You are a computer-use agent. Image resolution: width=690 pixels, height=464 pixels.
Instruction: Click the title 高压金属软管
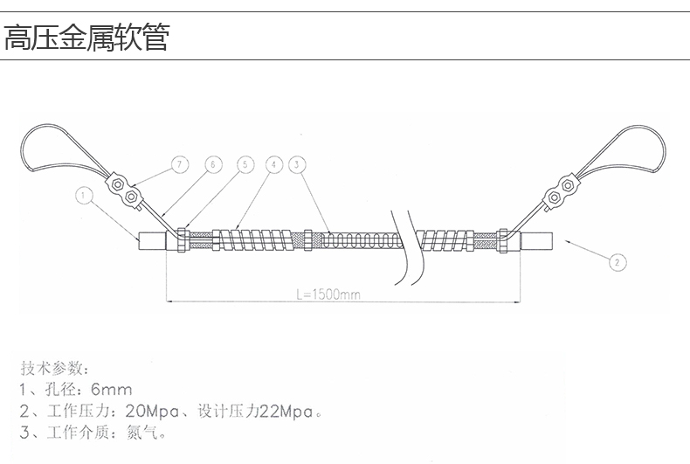coord(86,38)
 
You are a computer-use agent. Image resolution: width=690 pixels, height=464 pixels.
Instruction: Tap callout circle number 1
coord(84,195)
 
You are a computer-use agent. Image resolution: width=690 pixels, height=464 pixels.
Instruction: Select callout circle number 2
coord(618,262)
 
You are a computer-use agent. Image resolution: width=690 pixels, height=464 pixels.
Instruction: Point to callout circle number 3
coord(297,164)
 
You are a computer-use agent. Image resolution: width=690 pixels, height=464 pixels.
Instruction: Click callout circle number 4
coord(273,164)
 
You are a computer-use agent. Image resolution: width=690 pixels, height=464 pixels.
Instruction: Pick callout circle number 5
coord(245,164)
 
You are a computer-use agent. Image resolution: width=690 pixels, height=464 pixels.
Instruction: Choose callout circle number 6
coord(213,164)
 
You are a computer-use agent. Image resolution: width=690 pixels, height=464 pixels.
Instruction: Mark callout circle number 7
coord(179,164)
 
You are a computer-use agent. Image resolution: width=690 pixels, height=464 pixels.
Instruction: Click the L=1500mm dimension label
coord(328,294)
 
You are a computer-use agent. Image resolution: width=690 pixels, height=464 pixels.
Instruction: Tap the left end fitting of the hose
coord(152,241)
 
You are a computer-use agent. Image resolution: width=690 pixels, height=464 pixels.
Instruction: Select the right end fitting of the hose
coord(536,241)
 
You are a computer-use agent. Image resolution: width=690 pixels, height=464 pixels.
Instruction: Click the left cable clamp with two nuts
coord(124,190)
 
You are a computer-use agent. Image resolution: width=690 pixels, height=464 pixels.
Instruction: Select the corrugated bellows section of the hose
coord(362,240)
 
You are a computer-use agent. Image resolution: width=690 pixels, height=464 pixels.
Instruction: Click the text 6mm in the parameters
coord(111,389)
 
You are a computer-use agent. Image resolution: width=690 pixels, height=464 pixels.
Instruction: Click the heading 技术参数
coord(51,368)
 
